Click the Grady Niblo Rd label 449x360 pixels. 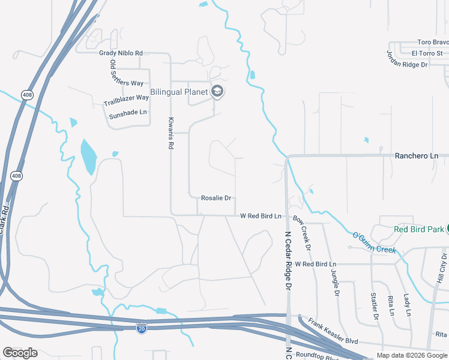click(121, 53)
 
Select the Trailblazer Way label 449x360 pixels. click(126, 100)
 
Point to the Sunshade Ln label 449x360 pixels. click(127, 112)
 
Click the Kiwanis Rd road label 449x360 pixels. click(170, 133)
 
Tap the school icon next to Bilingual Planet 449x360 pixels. click(217, 92)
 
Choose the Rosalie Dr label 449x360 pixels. click(216, 198)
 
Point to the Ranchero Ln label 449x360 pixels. click(416, 156)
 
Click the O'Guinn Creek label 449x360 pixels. click(375, 242)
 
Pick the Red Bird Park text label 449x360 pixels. click(418, 229)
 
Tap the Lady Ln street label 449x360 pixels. click(407, 305)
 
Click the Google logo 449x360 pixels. click(20, 353)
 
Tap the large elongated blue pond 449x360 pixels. click(88, 155)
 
